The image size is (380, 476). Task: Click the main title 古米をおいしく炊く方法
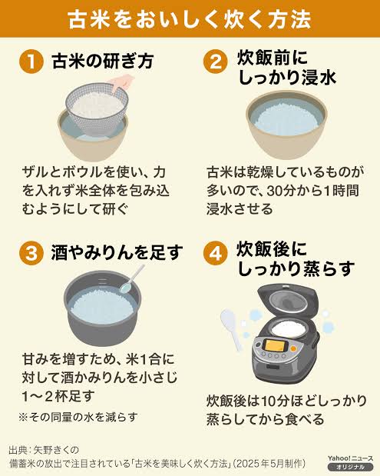pos(190,18)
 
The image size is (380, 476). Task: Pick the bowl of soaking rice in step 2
pos(288,123)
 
